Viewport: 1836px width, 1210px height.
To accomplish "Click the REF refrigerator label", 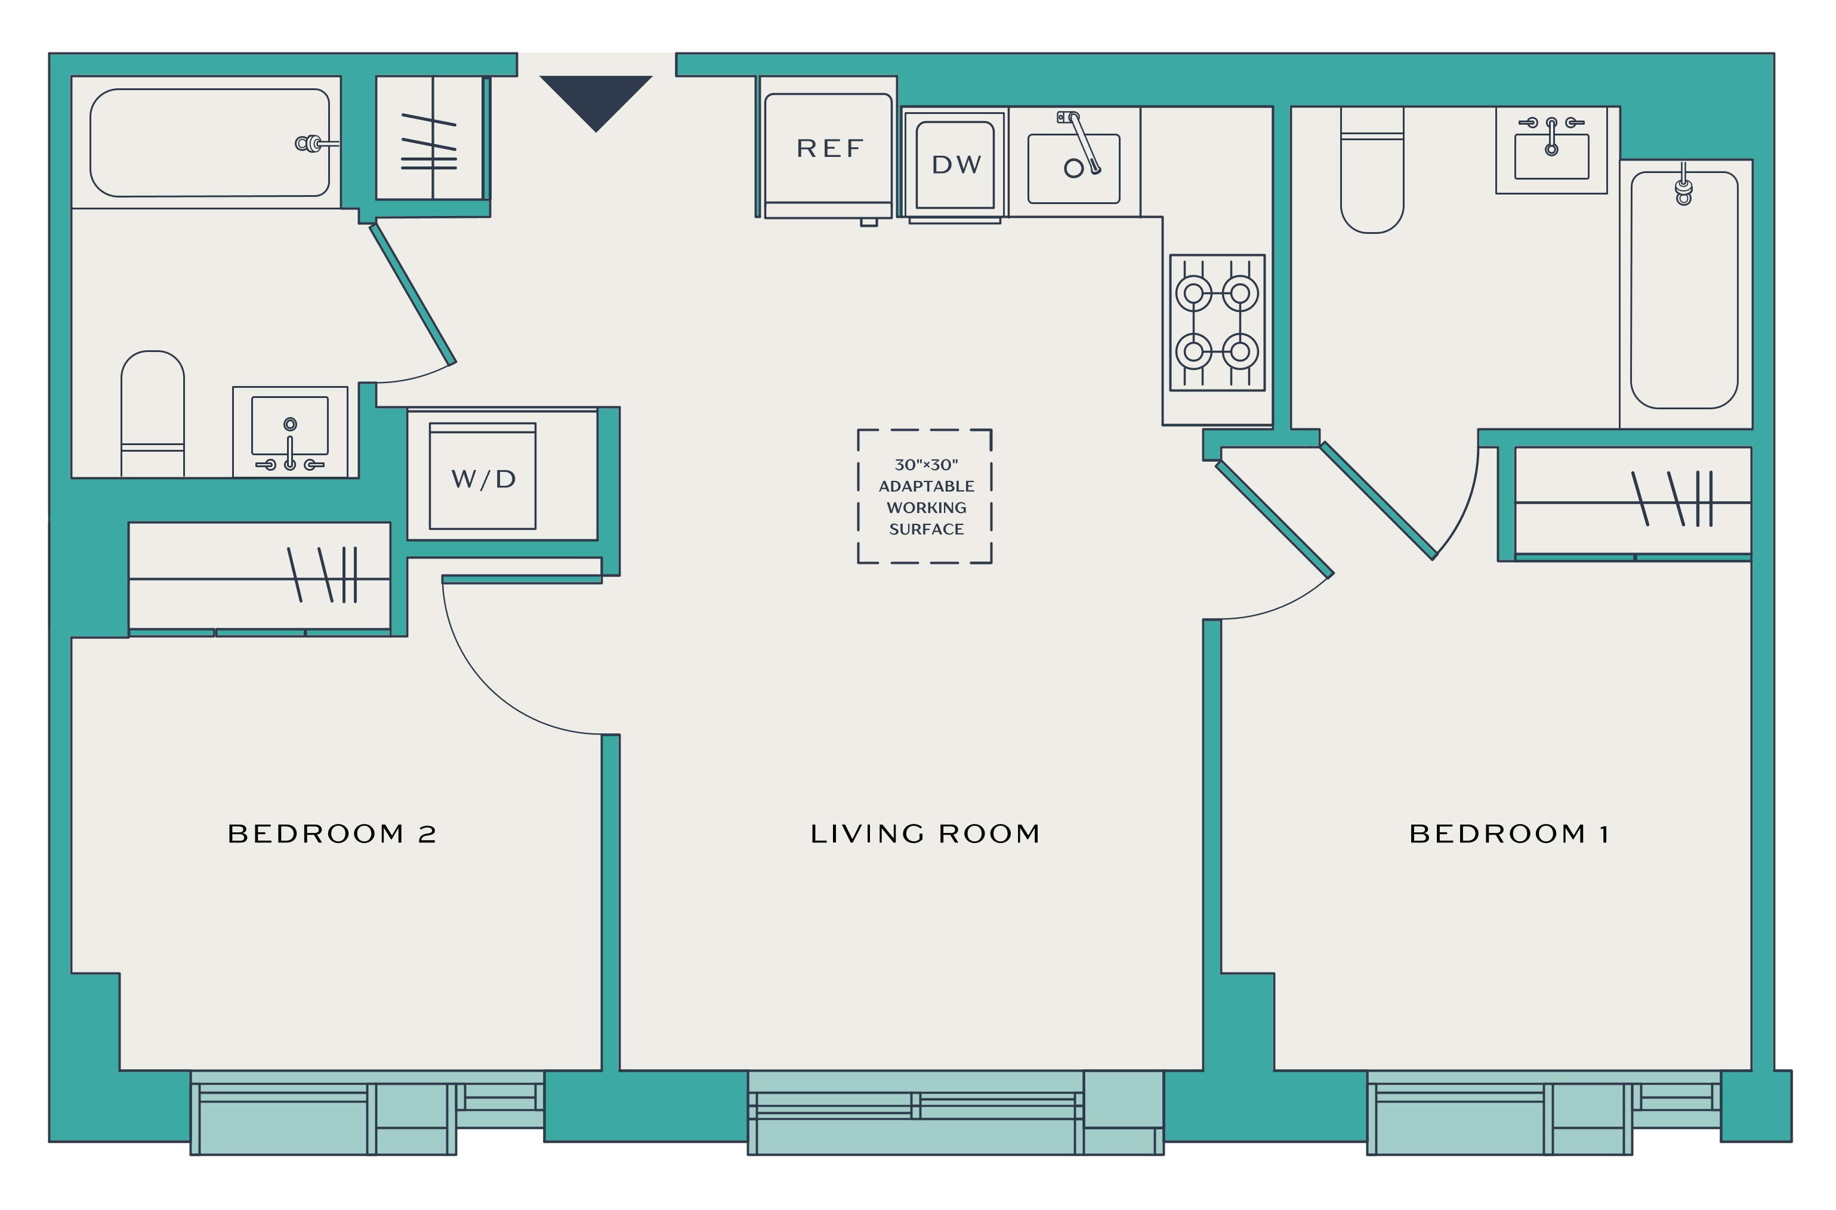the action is [x=829, y=148].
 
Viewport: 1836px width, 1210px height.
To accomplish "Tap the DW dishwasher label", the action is [x=956, y=164].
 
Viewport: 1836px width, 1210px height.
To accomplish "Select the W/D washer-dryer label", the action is [x=483, y=479].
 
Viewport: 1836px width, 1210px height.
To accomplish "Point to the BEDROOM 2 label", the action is [x=332, y=834].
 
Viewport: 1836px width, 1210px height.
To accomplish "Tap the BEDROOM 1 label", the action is [x=1509, y=834].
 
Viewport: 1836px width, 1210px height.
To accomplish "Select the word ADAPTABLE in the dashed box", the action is [x=926, y=486].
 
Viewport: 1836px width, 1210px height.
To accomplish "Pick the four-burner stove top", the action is [x=1217, y=323].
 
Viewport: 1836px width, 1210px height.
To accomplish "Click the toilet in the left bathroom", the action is [x=153, y=415].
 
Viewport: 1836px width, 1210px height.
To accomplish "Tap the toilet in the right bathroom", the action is [x=1372, y=170].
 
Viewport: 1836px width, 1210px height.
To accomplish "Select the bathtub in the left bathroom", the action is [x=210, y=143].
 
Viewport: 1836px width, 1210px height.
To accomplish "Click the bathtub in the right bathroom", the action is [x=1684, y=290].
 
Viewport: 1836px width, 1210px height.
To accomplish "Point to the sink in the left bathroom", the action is [x=290, y=432].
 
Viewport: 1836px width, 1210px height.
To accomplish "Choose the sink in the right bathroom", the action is [x=1551, y=150].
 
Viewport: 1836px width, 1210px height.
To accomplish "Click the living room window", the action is [x=955, y=1112].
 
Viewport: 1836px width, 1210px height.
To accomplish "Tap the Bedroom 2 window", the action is [x=368, y=1112].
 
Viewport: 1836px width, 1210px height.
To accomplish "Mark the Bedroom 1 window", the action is [x=1544, y=1112].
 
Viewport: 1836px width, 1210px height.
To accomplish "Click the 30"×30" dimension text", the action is [x=926, y=465].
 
